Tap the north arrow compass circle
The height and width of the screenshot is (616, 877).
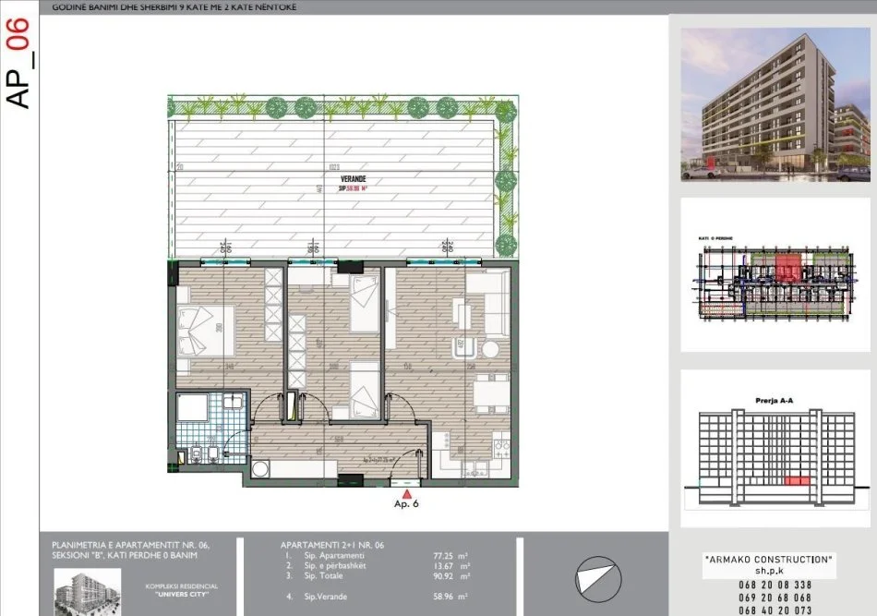(595, 578)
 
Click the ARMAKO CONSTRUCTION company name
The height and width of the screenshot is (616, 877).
(770, 560)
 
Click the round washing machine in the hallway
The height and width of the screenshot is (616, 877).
(259, 469)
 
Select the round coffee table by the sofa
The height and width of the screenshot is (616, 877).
(488, 349)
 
